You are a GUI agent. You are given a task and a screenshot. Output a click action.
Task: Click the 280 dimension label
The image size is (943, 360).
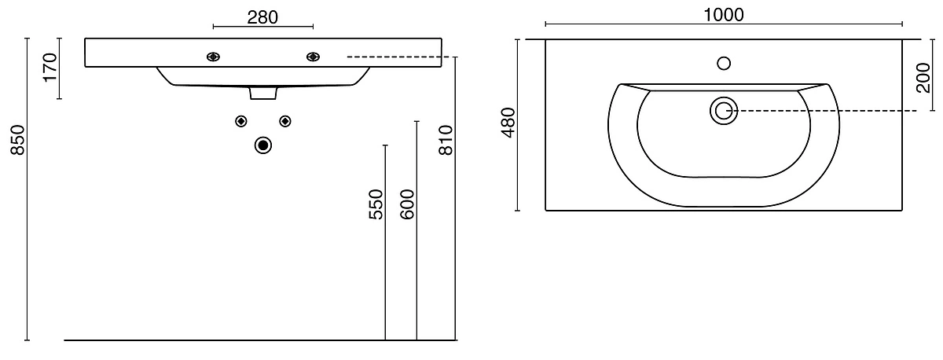[x=262, y=17]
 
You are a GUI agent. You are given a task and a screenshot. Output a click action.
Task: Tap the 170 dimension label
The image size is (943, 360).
[x=50, y=68]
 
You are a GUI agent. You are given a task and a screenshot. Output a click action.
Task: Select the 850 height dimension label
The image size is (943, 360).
[x=18, y=140]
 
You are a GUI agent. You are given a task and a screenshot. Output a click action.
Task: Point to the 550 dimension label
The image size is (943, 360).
[x=376, y=204]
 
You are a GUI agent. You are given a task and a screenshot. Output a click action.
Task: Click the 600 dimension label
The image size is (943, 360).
[x=407, y=204]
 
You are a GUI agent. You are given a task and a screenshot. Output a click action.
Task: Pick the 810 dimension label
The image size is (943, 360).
[x=446, y=140]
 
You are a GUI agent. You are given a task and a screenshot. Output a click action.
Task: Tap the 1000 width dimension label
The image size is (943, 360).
[x=724, y=15]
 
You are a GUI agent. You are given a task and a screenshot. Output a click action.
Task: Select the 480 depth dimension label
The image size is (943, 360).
[x=508, y=123]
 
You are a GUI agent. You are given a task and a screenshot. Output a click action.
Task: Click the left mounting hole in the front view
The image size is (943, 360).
[x=214, y=57]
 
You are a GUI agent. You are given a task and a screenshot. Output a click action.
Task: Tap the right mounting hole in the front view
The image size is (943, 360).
[x=313, y=57]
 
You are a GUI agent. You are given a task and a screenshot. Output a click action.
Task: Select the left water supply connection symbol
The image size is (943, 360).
[x=240, y=121]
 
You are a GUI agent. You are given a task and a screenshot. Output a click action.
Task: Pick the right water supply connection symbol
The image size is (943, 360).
[x=285, y=121]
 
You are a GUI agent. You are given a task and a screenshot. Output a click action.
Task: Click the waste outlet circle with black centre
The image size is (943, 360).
[x=263, y=145]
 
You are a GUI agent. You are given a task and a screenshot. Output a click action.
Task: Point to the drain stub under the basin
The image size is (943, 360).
[x=263, y=93]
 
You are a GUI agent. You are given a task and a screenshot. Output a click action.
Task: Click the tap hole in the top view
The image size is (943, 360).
[x=724, y=64]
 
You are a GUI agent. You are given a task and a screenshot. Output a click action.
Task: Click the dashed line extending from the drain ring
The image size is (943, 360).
[x=822, y=111]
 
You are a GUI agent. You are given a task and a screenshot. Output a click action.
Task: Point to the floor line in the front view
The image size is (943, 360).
[x=261, y=340]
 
